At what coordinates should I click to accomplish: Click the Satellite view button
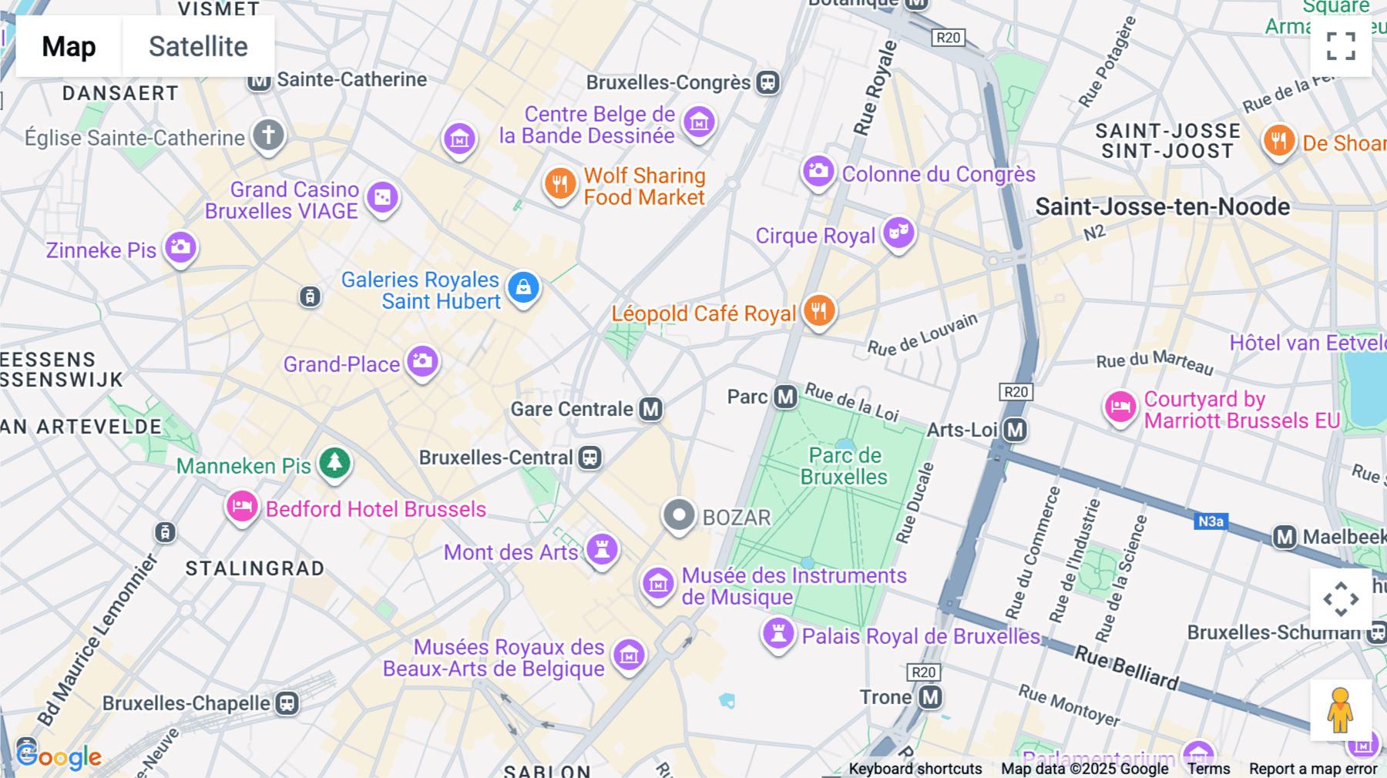tap(198, 47)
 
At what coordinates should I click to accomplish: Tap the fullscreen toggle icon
tap(1341, 46)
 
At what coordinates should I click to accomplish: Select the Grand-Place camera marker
tap(422, 361)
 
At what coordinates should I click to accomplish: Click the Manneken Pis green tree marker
tap(334, 463)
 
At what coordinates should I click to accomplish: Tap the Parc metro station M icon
tap(785, 397)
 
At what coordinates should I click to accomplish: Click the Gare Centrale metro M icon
tap(651, 409)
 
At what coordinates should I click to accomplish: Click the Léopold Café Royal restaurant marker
tap(819, 310)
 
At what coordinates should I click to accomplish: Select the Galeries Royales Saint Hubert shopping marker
tap(523, 287)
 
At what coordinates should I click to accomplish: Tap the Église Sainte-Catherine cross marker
tap(268, 135)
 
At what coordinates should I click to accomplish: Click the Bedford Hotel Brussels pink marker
tap(242, 507)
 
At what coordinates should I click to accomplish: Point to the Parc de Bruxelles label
tap(845, 466)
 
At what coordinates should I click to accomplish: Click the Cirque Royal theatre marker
tap(898, 233)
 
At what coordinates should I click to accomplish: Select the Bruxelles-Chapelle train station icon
tap(287, 703)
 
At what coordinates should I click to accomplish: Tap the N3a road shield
tap(1210, 521)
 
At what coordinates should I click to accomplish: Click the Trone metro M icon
tap(931, 697)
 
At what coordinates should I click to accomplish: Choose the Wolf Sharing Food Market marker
tap(560, 184)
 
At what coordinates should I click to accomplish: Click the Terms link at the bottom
tap(1208, 769)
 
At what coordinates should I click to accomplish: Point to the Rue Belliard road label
tap(1127, 667)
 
